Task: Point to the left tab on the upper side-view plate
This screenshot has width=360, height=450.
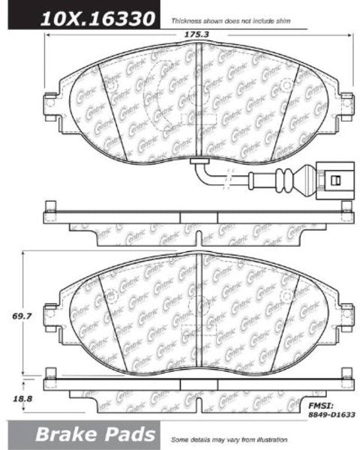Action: click(49, 208)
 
